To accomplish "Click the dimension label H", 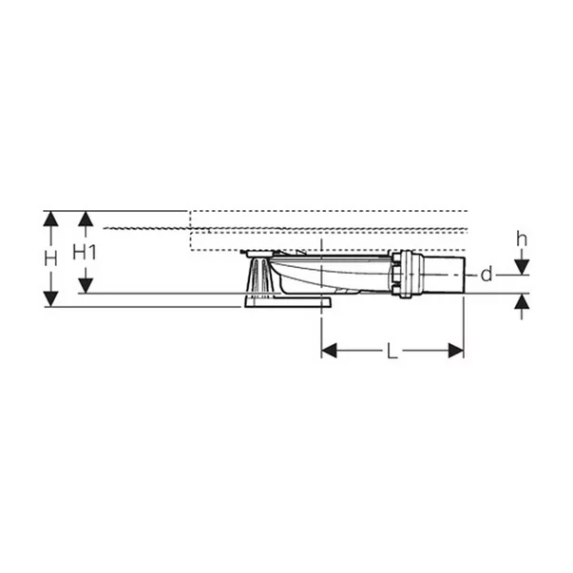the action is tap(50, 259).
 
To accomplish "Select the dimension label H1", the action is tap(85, 252).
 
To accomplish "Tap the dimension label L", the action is tap(392, 352).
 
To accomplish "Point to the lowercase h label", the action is tap(522, 239).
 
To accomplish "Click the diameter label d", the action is tap(487, 274).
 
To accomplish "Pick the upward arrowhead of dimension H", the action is tap(50, 219).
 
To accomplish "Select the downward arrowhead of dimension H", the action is tap(50, 299).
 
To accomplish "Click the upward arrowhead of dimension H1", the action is tap(86, 219).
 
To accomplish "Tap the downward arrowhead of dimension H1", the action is tap(86, 285).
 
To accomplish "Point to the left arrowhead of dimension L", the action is tap(329, 351).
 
